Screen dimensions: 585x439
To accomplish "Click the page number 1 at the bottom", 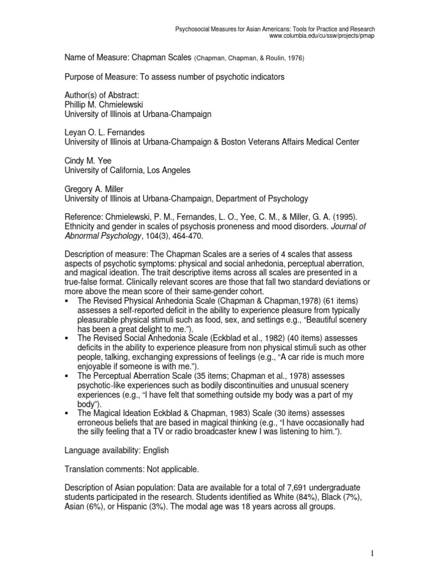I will [x=371, y=554].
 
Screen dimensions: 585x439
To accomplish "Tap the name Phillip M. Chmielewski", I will [x=107, y=105].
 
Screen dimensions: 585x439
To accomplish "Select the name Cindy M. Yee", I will [x=88, y=161].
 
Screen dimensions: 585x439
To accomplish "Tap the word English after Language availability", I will [x=155, y=450].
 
